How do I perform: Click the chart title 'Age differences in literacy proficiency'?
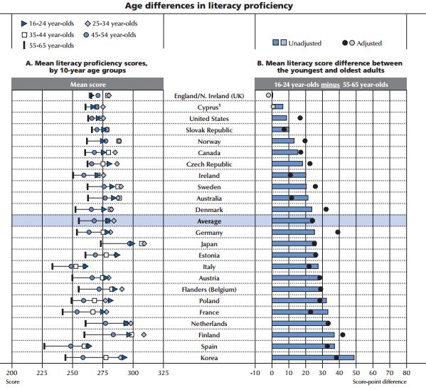coord(208,6)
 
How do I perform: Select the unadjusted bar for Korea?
coord(313,357)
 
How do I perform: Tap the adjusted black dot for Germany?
coord(338,232)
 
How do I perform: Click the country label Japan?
coord(209,244)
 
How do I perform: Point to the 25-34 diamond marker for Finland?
coord(144,334)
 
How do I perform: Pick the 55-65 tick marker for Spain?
coord(44,346)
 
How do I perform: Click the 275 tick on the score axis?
coord(102,373)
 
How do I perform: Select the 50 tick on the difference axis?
coord(356,373)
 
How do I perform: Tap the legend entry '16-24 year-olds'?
coord(48,23)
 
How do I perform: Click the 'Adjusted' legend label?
coord(369,43)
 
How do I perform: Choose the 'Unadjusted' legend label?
coord(305,43)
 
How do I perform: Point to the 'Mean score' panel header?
coord(87,84)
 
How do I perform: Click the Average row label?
coord(209,221)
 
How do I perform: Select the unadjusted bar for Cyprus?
coord(277,107)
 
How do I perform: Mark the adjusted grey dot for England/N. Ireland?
coord(268,95)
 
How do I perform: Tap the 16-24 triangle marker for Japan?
coord(132,243)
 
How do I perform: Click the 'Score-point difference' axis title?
coord(379,381)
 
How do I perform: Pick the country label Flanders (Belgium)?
coord(209,290)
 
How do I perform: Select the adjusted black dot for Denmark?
coord(326,209)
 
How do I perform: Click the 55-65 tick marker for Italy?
coord(53,267)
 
